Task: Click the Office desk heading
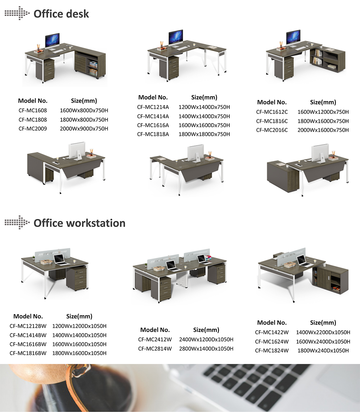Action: [61, 14]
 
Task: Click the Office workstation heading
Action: [80, 223]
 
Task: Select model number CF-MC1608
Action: [33, 110]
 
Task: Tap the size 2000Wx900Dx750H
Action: [84, 129]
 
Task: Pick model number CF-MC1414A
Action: [153, 116]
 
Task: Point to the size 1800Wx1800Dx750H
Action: [204, 134]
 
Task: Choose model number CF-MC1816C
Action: [272, 121]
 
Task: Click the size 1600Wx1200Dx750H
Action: [323, 112]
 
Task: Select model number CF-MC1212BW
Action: [28, 326]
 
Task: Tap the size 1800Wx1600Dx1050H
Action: [79, 353]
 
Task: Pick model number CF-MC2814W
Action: [155, 349]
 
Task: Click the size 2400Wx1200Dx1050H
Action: [206, 340]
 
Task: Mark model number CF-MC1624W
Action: [272, 341]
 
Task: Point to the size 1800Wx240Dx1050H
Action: [323, 350]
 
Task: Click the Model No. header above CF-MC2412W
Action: [155, 330]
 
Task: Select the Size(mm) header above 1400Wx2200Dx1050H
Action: [323, 323]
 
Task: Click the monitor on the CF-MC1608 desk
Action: [52, 41]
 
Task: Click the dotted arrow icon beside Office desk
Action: [17, 13]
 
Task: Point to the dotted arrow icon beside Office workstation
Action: [17, 222]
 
